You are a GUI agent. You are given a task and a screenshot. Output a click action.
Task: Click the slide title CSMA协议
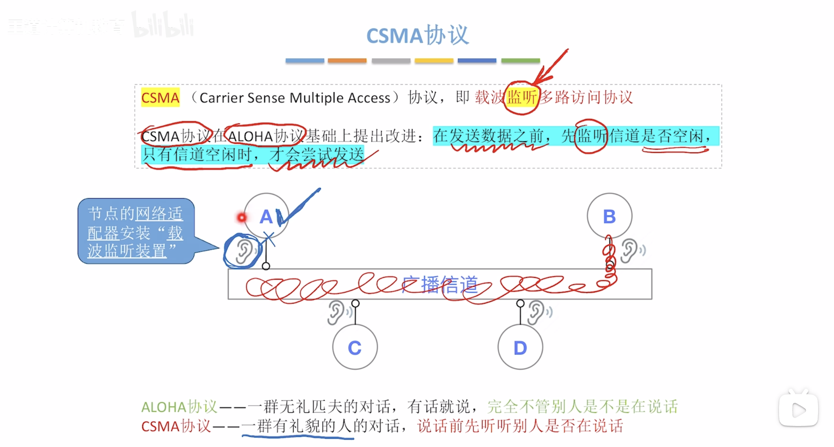pos(417,35)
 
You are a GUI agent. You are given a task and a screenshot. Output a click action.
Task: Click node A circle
pos(266,216)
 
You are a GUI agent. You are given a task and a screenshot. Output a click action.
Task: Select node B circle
pos(609,216)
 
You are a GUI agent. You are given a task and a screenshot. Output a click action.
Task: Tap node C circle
pos(355,347)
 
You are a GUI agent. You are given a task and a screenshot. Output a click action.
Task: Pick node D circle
pos(520,347)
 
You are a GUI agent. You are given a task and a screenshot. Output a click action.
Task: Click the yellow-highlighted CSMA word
pos(160,98)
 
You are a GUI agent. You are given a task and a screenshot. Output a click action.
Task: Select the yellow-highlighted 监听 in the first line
pos(522,97)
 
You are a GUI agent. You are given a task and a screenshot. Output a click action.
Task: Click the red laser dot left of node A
pos(242,217)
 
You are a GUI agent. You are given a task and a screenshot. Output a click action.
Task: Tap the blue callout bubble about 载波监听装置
pos(136,231)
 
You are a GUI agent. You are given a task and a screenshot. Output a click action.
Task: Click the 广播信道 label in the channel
pos(439,285)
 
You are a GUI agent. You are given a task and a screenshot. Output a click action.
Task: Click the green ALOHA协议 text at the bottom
pos(179,407)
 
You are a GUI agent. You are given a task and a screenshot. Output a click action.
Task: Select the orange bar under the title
pos(347,61)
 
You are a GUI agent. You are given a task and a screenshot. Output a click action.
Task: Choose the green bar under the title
pos(520,61)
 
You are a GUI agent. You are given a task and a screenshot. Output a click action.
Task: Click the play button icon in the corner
pos(798,410)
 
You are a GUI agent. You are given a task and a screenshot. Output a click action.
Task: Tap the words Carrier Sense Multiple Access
pos(295,98)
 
